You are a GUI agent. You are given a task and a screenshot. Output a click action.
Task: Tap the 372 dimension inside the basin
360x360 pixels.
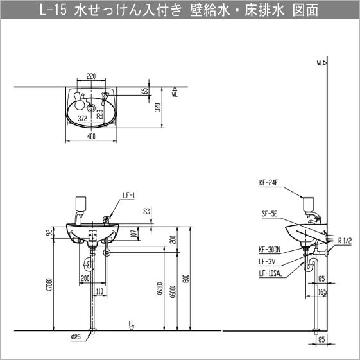pos(83,119)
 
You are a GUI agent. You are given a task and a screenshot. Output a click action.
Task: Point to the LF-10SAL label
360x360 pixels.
pos(271,273)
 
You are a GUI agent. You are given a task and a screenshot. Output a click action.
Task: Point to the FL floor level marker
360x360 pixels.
pos(130,323)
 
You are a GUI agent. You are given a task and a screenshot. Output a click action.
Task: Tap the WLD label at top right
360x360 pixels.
pos(321,63)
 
